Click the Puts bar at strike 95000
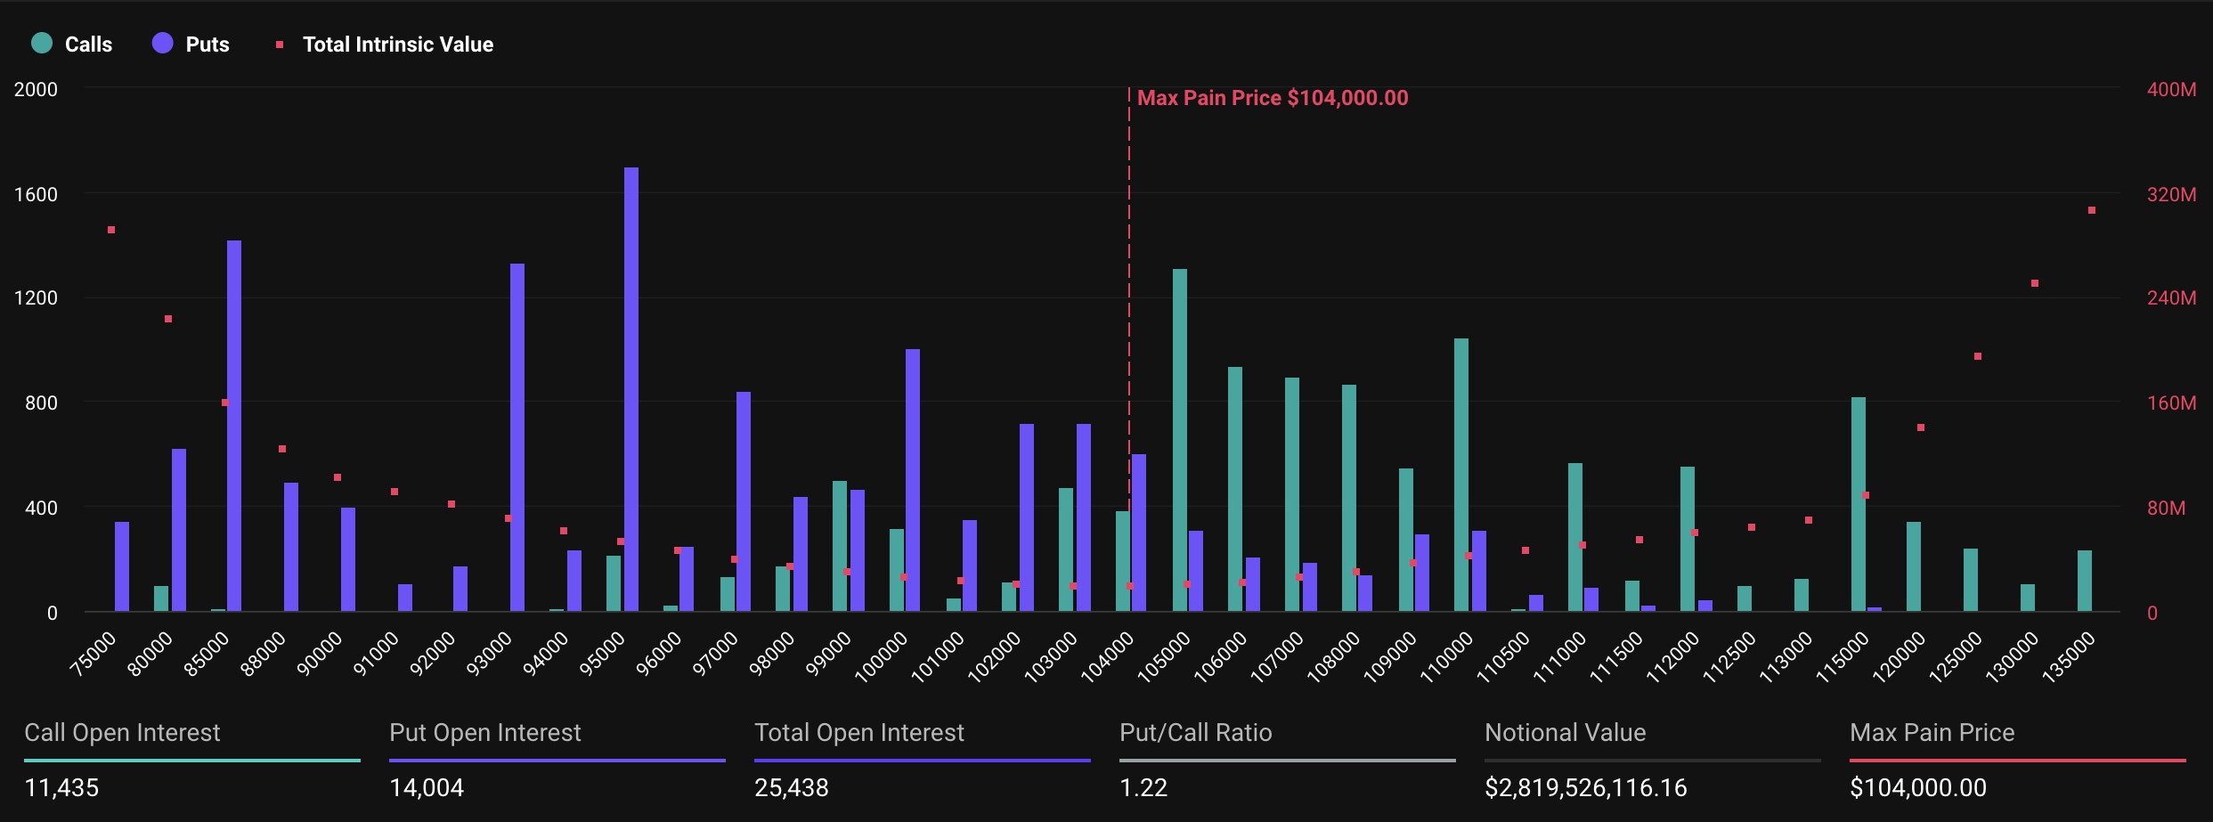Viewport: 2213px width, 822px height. (x=631, y=389)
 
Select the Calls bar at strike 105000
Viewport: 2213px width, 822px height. (x=1180, y=440)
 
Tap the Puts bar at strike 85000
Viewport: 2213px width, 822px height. (x=234, y=426)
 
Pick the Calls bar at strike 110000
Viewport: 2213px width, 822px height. (x=1461, y=475)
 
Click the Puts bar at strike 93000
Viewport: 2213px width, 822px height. (x=517, y=437)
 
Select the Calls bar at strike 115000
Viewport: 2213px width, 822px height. (x=1859, y=504)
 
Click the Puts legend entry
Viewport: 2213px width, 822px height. (x=191, y=44)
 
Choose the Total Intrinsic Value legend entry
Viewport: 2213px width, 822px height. (x=385, y=44)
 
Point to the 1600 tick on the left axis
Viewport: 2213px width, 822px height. (x=36, y=194)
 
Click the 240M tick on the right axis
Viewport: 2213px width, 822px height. (x=2171, y=297)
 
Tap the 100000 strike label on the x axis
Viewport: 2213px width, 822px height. (x=882, y=656)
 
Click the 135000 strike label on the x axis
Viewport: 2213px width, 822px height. (x=2069, y=656)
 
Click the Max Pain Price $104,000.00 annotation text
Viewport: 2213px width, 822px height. (x=1273, y=98)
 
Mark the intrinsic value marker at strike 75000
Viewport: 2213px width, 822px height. (x=111, y=230)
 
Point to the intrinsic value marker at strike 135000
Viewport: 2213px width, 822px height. (x=2092, y=210)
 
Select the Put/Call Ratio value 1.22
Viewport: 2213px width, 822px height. (x=1143, y=787)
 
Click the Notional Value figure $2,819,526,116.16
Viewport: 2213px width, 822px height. (x=1586, y=787)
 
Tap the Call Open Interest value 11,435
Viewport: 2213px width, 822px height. (x=61, y=787)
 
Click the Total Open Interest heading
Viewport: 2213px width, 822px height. (x=859, y=732)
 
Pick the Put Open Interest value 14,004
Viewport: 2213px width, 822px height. (x=427, y=787)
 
